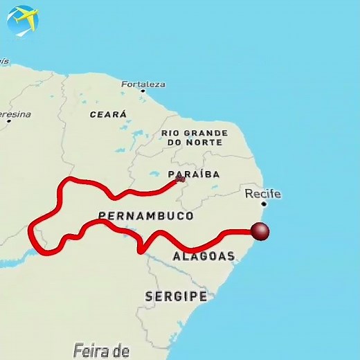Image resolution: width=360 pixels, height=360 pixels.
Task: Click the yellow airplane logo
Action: [22, 20]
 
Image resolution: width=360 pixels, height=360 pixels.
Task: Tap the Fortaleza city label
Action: [143, 84]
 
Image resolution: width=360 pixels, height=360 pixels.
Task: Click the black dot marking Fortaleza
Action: [143, 91]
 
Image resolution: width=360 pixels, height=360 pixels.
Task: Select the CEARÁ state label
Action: [108, 115]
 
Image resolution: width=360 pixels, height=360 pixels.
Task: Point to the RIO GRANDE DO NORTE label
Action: [195, 137]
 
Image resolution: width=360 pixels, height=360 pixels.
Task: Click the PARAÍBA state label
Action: [195, 174]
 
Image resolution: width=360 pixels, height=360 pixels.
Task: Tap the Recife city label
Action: [263, 193]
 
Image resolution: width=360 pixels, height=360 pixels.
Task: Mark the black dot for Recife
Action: [263, 204]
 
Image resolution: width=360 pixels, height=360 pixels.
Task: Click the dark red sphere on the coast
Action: [260, 232]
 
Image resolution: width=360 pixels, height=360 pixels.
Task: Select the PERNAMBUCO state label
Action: [146, 216]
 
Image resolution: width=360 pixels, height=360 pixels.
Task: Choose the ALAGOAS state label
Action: [204, 256]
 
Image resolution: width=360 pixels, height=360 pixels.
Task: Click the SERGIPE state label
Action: [176, 296]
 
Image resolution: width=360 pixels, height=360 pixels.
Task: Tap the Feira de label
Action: [101, 350]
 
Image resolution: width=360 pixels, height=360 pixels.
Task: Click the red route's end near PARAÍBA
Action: [180, 179]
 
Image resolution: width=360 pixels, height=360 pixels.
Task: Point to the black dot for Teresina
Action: [9, 121]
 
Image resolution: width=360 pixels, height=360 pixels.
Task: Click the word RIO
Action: [171, 132]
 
